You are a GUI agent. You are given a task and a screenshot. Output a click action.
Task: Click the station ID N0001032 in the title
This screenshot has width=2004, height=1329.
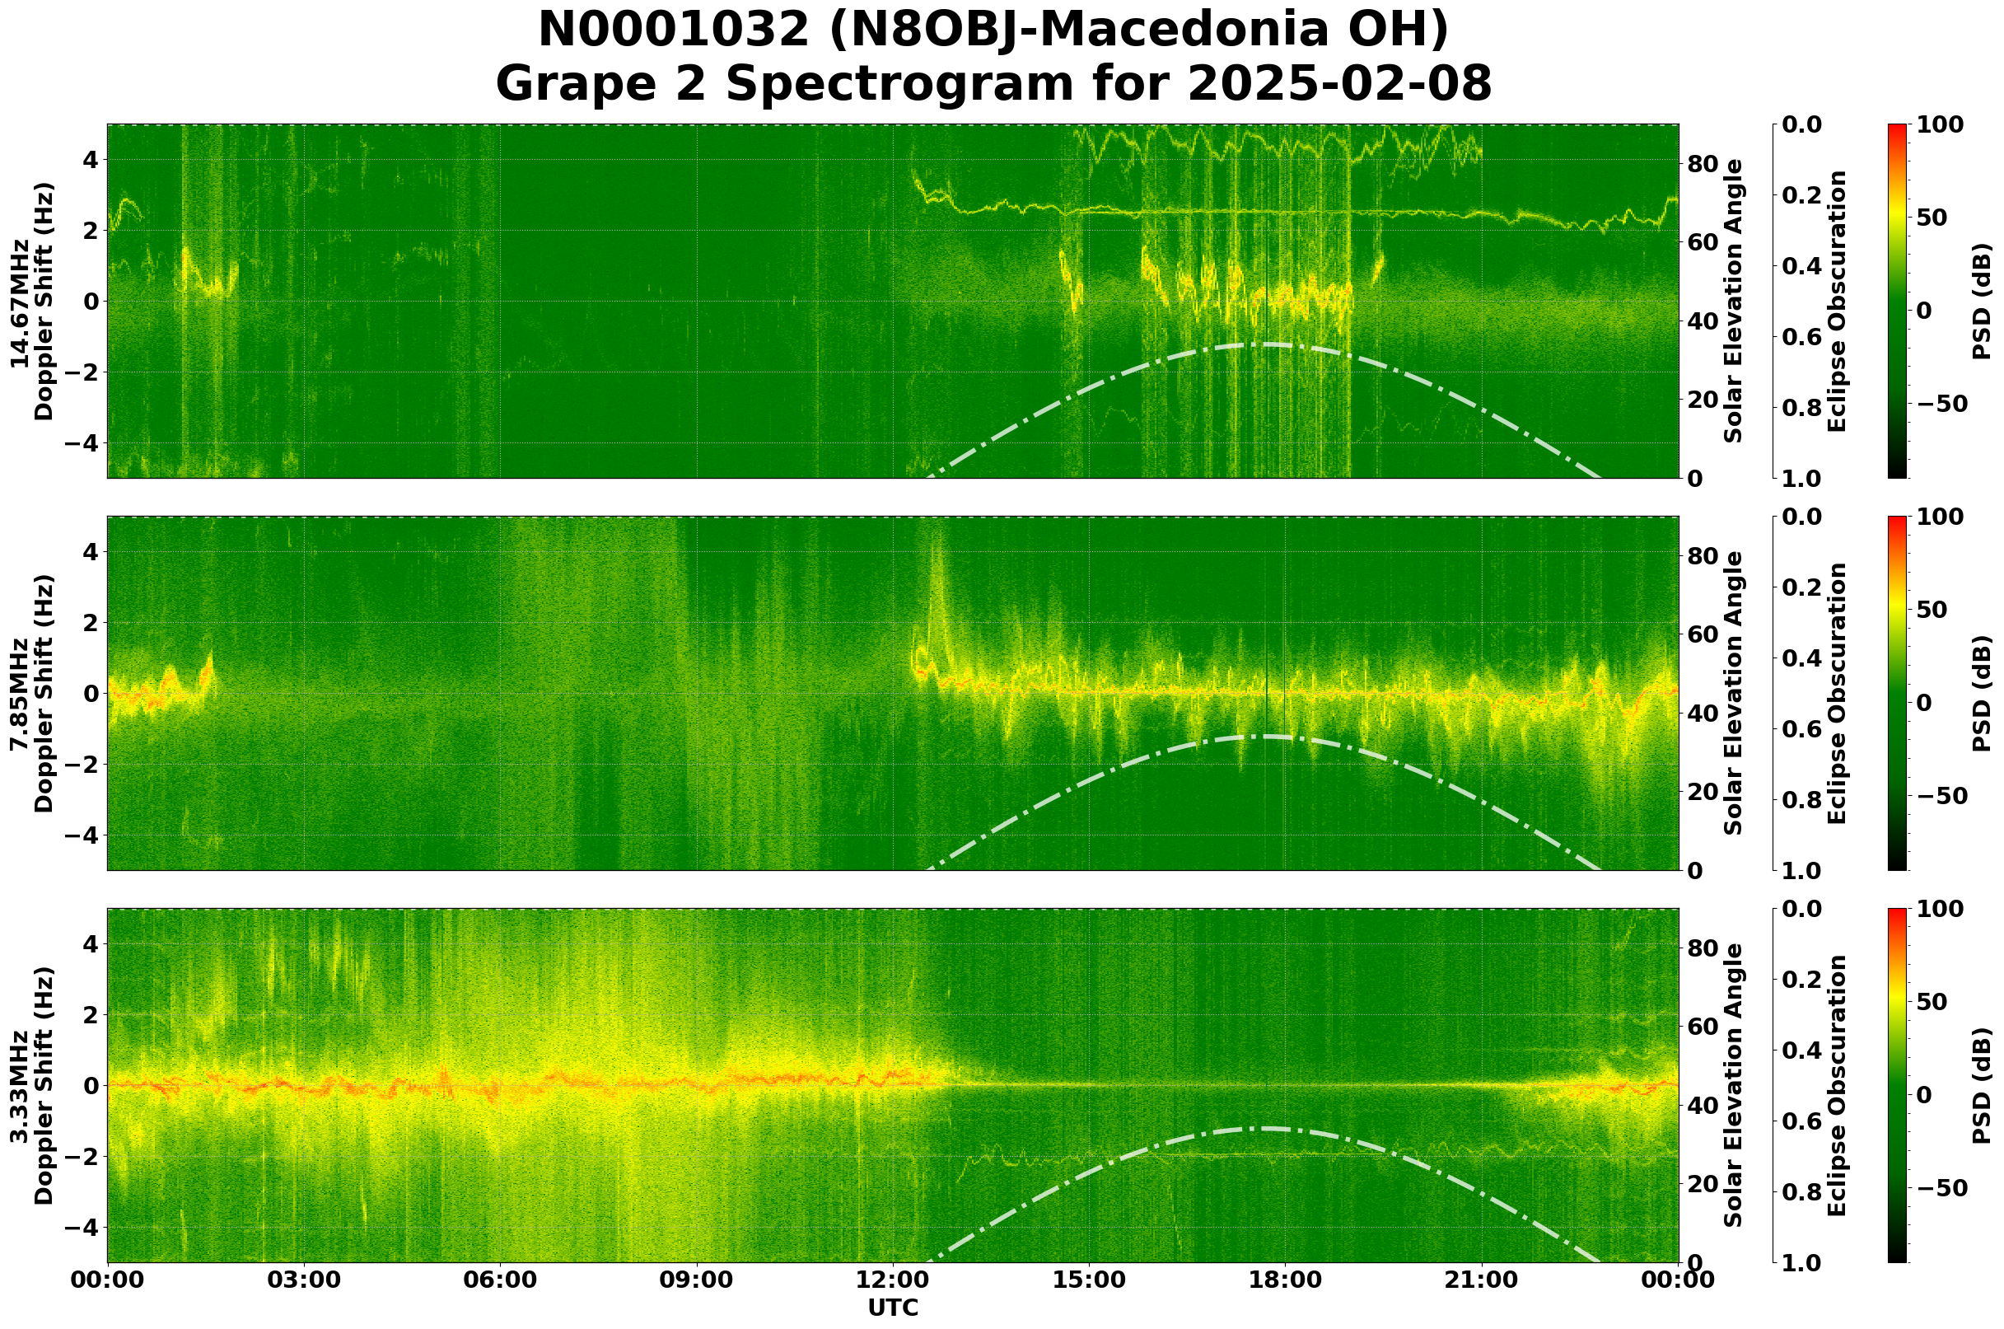tap(675, 31)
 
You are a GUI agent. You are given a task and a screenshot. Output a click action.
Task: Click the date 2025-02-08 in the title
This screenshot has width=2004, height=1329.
tap(1339, 85)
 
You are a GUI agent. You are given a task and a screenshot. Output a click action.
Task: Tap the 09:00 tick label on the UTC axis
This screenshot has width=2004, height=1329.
tap(697, 1280)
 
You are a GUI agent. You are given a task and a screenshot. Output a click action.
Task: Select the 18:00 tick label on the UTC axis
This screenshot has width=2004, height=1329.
tap(1285, 1280)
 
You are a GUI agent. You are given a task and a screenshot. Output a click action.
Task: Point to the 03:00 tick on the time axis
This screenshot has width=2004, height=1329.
tap(303, 1280)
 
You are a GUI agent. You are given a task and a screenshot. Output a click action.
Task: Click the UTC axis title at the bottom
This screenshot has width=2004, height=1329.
tap(893, 1308)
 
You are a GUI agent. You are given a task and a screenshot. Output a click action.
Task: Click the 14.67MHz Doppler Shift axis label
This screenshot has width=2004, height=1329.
tap(32, 302)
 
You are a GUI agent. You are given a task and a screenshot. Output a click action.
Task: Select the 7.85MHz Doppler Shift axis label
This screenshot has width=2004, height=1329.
tap(32, 693)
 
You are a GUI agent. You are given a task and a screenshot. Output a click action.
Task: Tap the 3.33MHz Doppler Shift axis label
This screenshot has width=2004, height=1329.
tap(32, 1086)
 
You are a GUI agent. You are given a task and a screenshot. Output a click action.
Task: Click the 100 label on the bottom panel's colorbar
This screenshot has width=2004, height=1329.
tap(1940, 909)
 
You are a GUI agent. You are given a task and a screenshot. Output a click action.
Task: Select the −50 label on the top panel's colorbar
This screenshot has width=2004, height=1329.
tap(1940, 404)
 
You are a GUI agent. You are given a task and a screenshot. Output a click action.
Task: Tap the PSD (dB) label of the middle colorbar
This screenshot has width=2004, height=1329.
tap(1981, 693)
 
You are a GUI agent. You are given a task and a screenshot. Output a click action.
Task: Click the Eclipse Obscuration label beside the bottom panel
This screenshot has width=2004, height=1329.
tap(1835, 1086)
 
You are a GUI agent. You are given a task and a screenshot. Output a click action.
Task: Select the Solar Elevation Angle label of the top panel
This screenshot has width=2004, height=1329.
tap(1734, 302)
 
